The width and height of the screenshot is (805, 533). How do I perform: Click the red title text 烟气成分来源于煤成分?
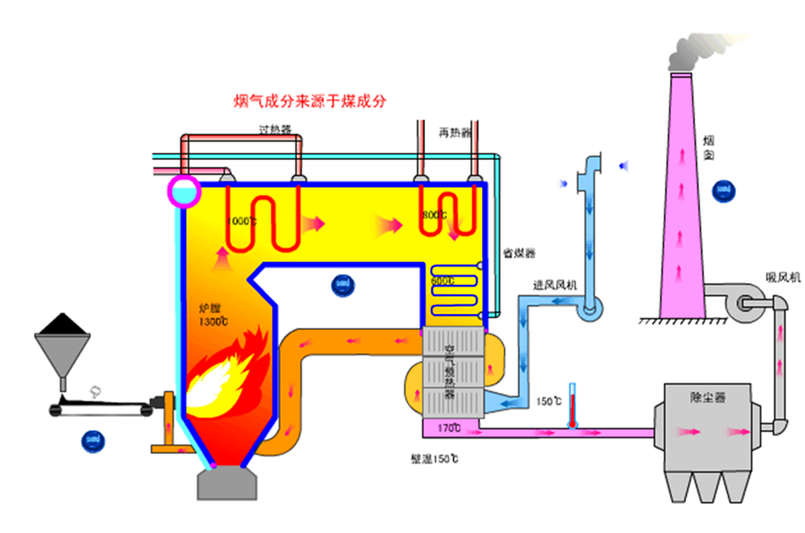(310, 101)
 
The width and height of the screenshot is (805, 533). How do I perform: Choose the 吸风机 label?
(782, 277)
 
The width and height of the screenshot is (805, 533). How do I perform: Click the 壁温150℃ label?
(434, 460)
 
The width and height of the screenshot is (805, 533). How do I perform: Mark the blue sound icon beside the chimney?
(723, 189)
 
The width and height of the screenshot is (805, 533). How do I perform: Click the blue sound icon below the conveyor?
(90, 440)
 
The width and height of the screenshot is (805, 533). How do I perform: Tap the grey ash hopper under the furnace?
(228, 483)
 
